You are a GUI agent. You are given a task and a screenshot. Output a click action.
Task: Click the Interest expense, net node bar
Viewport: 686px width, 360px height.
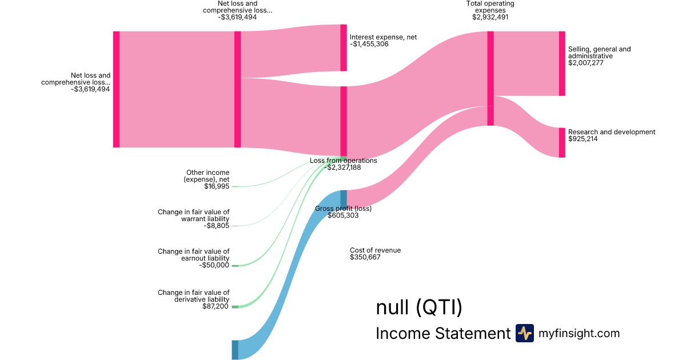coord(344,47)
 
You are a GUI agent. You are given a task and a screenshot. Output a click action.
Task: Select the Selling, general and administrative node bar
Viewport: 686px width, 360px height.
coord(562,63)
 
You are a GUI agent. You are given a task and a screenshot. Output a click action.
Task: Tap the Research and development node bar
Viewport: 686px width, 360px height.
coord(562,142)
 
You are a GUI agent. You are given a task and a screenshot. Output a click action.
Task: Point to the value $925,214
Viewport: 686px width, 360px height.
coord(583,139)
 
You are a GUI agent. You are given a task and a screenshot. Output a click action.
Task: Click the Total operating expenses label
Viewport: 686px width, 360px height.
coord(490,7)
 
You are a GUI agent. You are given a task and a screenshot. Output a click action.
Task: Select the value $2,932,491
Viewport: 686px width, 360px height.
coord(490,17)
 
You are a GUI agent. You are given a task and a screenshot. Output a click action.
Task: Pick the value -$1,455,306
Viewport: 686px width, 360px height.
coord(369,44)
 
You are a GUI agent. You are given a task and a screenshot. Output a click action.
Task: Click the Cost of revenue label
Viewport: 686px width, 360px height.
coord(376,250)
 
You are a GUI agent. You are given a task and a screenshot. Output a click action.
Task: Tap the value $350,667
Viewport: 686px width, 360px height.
coord(365,257)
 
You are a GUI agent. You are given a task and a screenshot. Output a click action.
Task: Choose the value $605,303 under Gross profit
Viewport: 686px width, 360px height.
coord(344,216)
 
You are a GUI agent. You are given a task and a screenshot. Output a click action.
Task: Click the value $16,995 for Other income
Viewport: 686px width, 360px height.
coord(217,186)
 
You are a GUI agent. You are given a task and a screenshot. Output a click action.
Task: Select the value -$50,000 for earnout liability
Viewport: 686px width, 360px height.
coord(214,265)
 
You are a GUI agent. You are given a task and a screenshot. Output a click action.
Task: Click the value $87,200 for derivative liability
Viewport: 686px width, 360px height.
coord(216,306)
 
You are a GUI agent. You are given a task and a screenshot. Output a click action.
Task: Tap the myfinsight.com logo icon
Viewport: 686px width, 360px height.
coord(525,333)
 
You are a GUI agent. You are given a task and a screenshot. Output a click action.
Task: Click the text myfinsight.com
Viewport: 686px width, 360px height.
coord(579,333)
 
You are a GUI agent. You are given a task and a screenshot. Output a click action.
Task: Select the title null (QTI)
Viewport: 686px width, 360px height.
coord(419,307)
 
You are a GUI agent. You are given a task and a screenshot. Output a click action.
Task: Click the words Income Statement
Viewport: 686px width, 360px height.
coord(443,333)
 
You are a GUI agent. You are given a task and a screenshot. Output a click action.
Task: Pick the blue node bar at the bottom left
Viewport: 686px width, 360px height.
coord(235,350)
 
